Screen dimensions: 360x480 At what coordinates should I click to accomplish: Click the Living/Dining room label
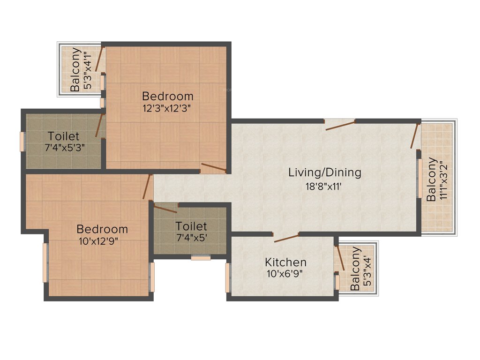point(325,172)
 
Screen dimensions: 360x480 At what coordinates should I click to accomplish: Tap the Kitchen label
point(286,262)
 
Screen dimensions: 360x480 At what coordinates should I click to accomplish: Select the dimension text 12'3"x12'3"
point(168,107)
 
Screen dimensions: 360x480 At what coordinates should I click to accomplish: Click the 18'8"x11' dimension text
point(325,186)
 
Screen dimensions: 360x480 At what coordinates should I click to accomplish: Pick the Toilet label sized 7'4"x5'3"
point(63,136)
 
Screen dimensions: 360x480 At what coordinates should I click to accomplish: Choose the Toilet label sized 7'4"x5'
point(191,226)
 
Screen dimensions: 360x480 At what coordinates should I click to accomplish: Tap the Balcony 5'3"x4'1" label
point(75,70)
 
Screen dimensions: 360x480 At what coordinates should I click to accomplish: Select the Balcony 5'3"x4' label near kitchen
point(356,269)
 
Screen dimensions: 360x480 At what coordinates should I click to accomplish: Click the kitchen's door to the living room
point(286,237)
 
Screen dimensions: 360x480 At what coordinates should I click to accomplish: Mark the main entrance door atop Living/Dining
point(340,124)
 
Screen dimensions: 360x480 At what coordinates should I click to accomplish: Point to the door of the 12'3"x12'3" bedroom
point(214,168)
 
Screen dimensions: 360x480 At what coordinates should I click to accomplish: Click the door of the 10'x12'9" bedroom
point(148,187)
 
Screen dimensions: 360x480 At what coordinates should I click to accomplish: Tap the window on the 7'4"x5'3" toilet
point(22,142)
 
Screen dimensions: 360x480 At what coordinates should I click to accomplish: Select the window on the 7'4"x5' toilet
point(201,257)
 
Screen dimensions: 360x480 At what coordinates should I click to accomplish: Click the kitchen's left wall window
point(228,278)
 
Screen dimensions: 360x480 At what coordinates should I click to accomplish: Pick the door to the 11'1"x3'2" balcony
point(414,136)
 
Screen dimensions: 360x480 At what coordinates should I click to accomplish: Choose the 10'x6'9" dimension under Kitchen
point(286,274)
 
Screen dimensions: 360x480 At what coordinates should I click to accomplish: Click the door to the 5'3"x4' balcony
point(340,257)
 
